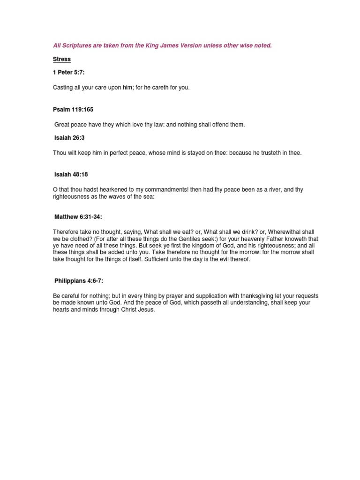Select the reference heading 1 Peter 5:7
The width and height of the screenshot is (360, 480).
pos(69,74)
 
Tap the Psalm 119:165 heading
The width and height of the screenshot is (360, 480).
pos(73,109)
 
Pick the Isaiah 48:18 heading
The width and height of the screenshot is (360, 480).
pos(71,174)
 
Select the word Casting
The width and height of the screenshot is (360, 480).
pos(62,88)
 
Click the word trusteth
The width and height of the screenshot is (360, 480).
pos(266,153)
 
